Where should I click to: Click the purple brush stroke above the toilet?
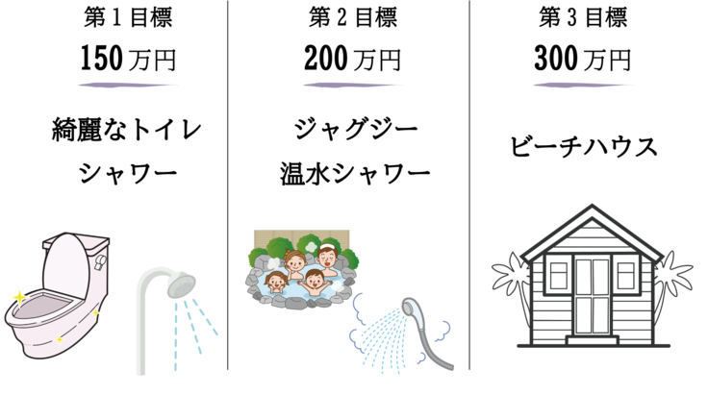tap(128, 85)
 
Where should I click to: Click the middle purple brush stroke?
tap(353, 85)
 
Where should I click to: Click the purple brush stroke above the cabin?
tap(583, 85)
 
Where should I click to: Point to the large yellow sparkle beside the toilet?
tap(16, 297)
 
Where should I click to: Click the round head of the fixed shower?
tap(180, 284)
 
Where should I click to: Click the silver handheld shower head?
tap(413, 310)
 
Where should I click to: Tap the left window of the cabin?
tap(558, 274)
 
